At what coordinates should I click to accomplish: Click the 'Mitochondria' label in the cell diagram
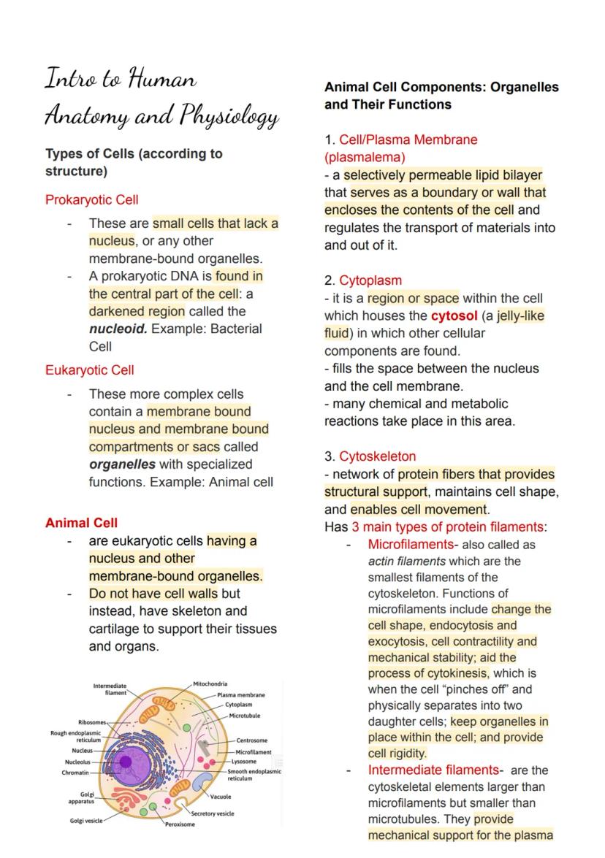[212, 683]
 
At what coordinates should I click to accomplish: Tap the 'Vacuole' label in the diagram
[221, 797]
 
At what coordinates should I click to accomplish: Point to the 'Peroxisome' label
[180, 824]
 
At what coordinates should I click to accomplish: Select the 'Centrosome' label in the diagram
[252, 740]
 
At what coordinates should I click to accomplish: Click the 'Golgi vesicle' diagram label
[87, 820]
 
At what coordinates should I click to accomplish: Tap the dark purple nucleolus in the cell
[126, 762]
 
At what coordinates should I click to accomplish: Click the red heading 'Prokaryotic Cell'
[91, 199]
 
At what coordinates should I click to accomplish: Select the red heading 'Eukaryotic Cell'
[89, 369]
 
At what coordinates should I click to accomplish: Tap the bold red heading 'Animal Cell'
[81, 523]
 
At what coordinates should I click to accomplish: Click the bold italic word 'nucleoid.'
[118, 329]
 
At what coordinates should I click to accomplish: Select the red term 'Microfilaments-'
[412, 545]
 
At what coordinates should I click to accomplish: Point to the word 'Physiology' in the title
[228, 116]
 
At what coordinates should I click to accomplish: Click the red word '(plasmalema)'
[365, 157]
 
